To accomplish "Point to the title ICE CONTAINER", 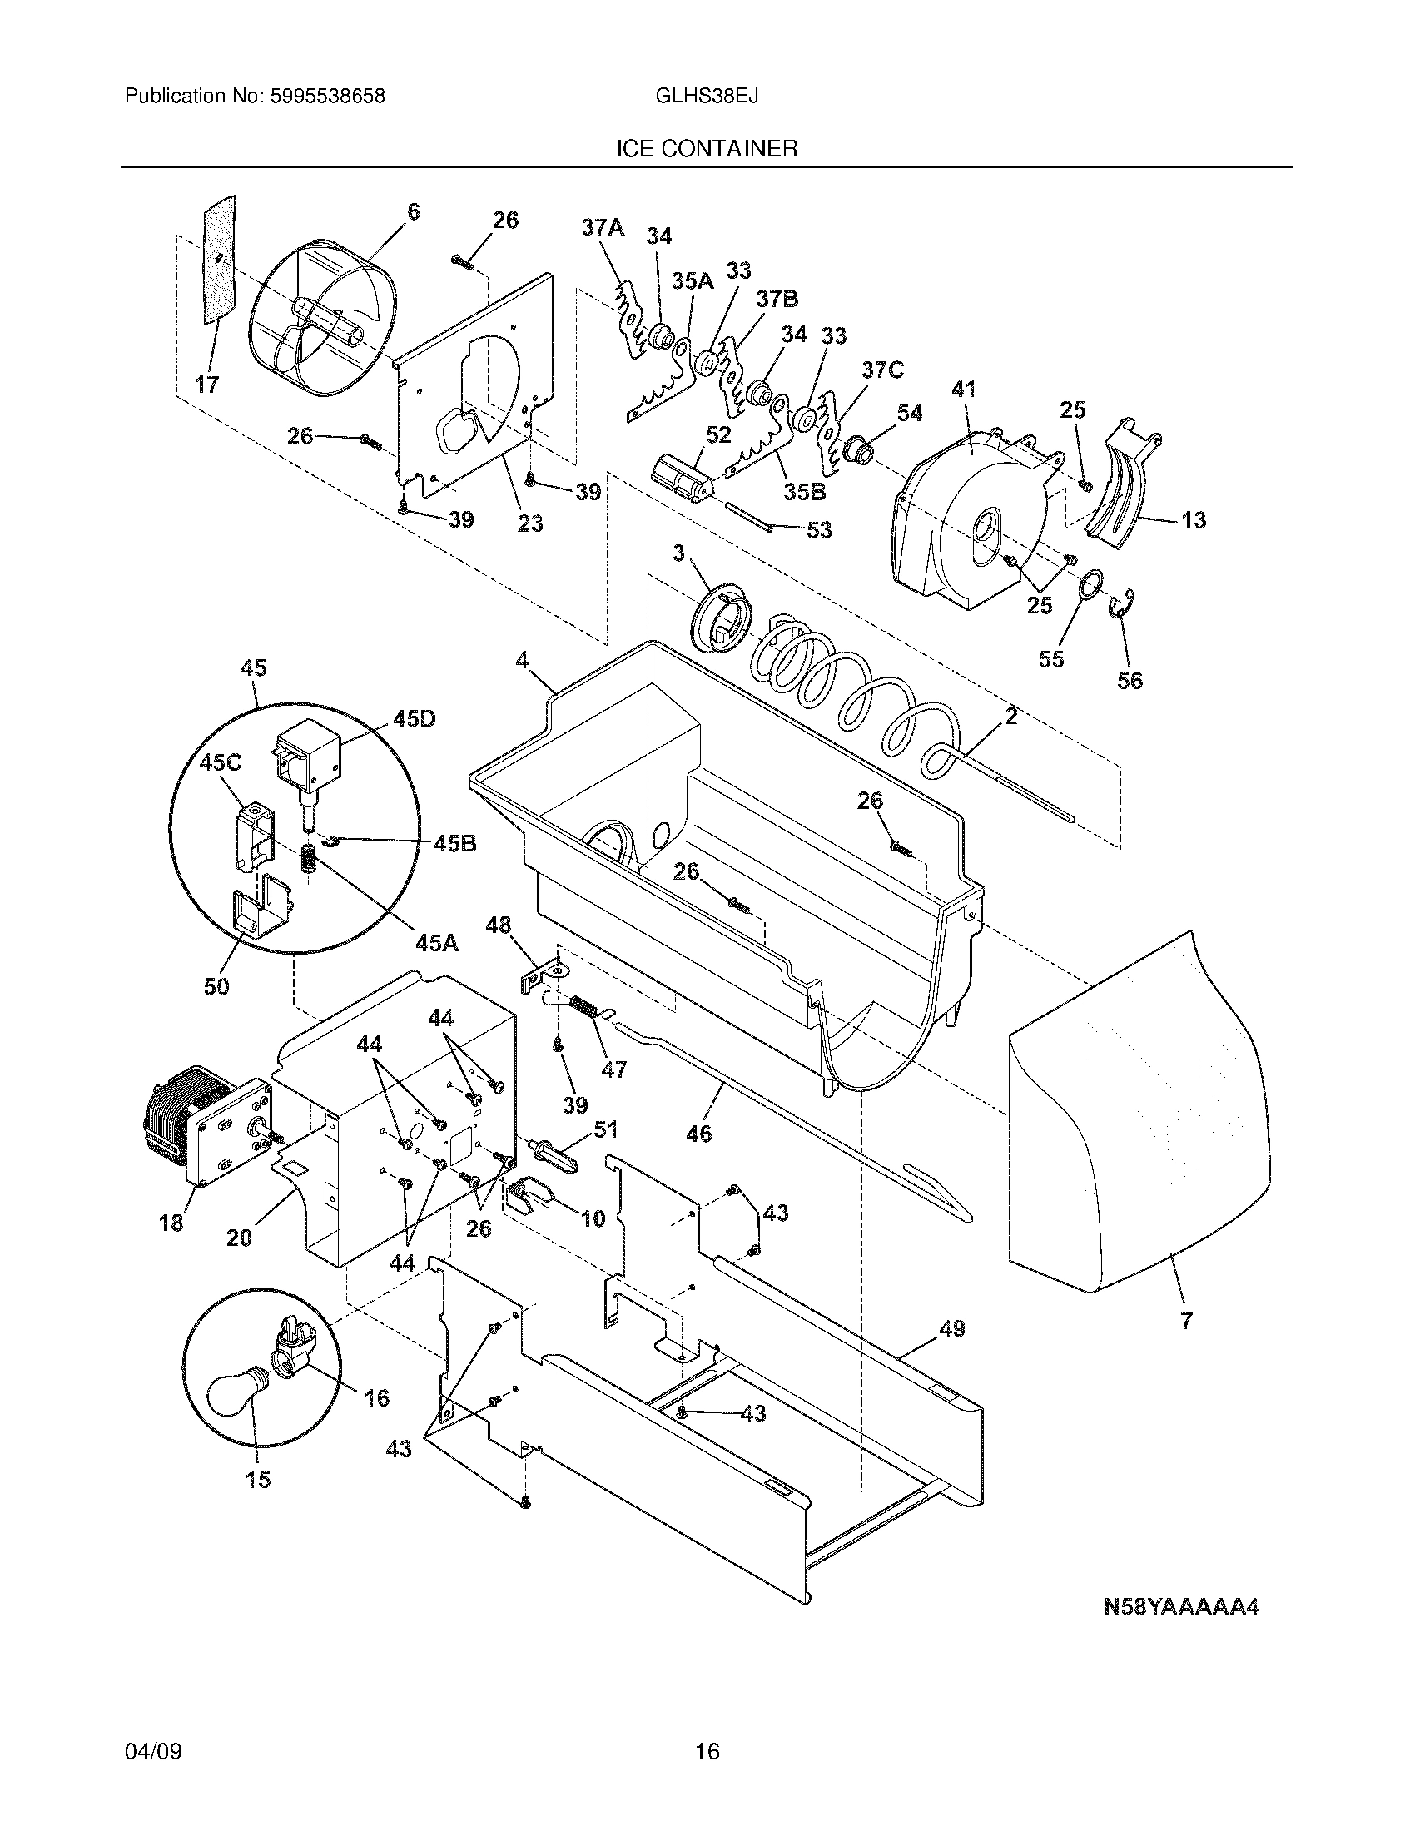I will (x=707, y=149).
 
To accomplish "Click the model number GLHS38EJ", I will (x=707, y=97).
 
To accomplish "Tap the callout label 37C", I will (x=881, y=370).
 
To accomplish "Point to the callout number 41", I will (x=964, y=389).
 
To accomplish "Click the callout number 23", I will (x=529, y=524).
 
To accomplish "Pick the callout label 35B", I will (x=805, y=492).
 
